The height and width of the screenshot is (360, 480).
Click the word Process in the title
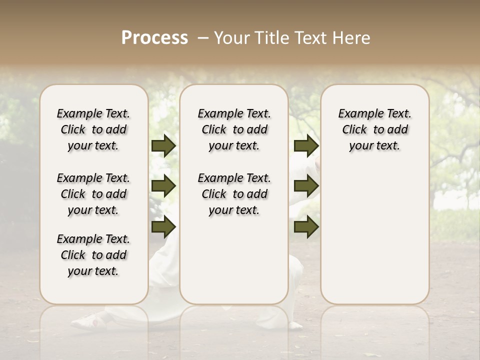[154, 38]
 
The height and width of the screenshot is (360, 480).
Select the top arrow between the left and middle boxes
[163, 146]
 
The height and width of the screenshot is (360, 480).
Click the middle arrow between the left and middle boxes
[163, 186]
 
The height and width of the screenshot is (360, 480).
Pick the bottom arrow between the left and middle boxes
[163, 227]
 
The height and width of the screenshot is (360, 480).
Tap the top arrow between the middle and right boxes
[306, 146]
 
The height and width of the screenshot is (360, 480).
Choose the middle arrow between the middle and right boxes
[306, 186]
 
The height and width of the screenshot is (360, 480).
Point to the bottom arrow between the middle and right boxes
[306, 227]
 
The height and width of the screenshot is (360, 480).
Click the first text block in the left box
[93, 129]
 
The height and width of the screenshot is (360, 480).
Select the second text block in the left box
[93, 194]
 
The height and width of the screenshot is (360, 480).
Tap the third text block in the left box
[93, 255]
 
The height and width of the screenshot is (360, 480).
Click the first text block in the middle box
[234, 129]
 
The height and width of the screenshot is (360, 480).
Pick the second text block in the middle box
[234, 194]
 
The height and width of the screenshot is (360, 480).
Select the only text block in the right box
[374, 129]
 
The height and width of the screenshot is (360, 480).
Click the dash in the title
[202, 38]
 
